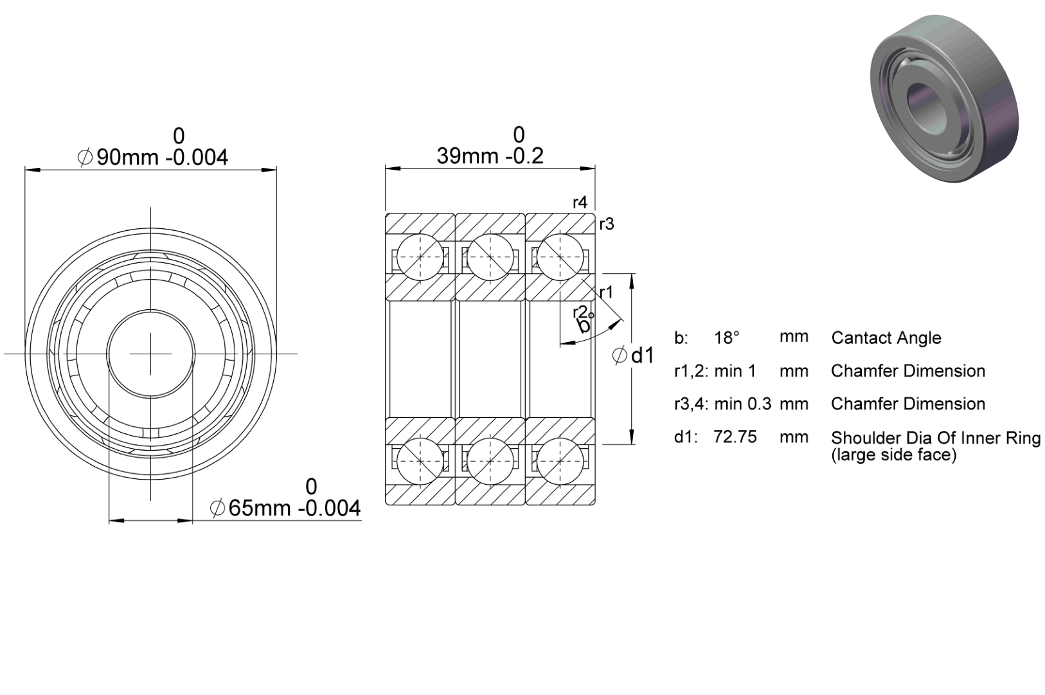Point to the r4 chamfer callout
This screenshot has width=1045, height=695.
[580, 202]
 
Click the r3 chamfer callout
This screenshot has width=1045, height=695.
[607, 224]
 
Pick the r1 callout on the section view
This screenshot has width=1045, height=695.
[606, 293]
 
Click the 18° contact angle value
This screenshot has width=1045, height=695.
[727, 338]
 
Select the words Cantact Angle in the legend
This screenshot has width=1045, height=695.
[886, 338]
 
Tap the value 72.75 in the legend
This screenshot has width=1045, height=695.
[735, 437]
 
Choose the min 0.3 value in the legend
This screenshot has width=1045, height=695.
[743, 404]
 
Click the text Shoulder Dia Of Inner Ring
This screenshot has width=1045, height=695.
[935, 438]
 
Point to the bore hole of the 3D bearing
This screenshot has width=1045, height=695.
[922, 109]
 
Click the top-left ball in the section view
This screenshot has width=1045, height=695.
[420, 257]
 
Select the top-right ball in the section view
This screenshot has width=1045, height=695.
[560, 257]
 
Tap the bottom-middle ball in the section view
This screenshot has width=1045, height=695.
[490, 461]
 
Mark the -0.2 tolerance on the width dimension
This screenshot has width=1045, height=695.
[525, 156]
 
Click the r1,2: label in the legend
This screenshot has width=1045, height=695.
[691, 371]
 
